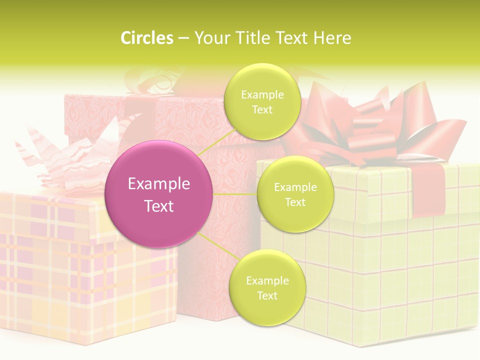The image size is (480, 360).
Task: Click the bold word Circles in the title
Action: (x=147, y=38)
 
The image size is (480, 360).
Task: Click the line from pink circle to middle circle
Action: (x=235, y=194)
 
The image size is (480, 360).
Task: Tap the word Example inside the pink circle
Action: (x=158, y=184)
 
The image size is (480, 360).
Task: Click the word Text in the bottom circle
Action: (x=267, y=296)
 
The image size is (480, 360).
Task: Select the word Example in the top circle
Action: (x=262, y=95)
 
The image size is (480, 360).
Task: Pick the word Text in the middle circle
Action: (x=295, y=202)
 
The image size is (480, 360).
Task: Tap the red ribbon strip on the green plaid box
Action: (x=427, y=190)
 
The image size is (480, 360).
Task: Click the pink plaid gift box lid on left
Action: (x=50, y=215)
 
